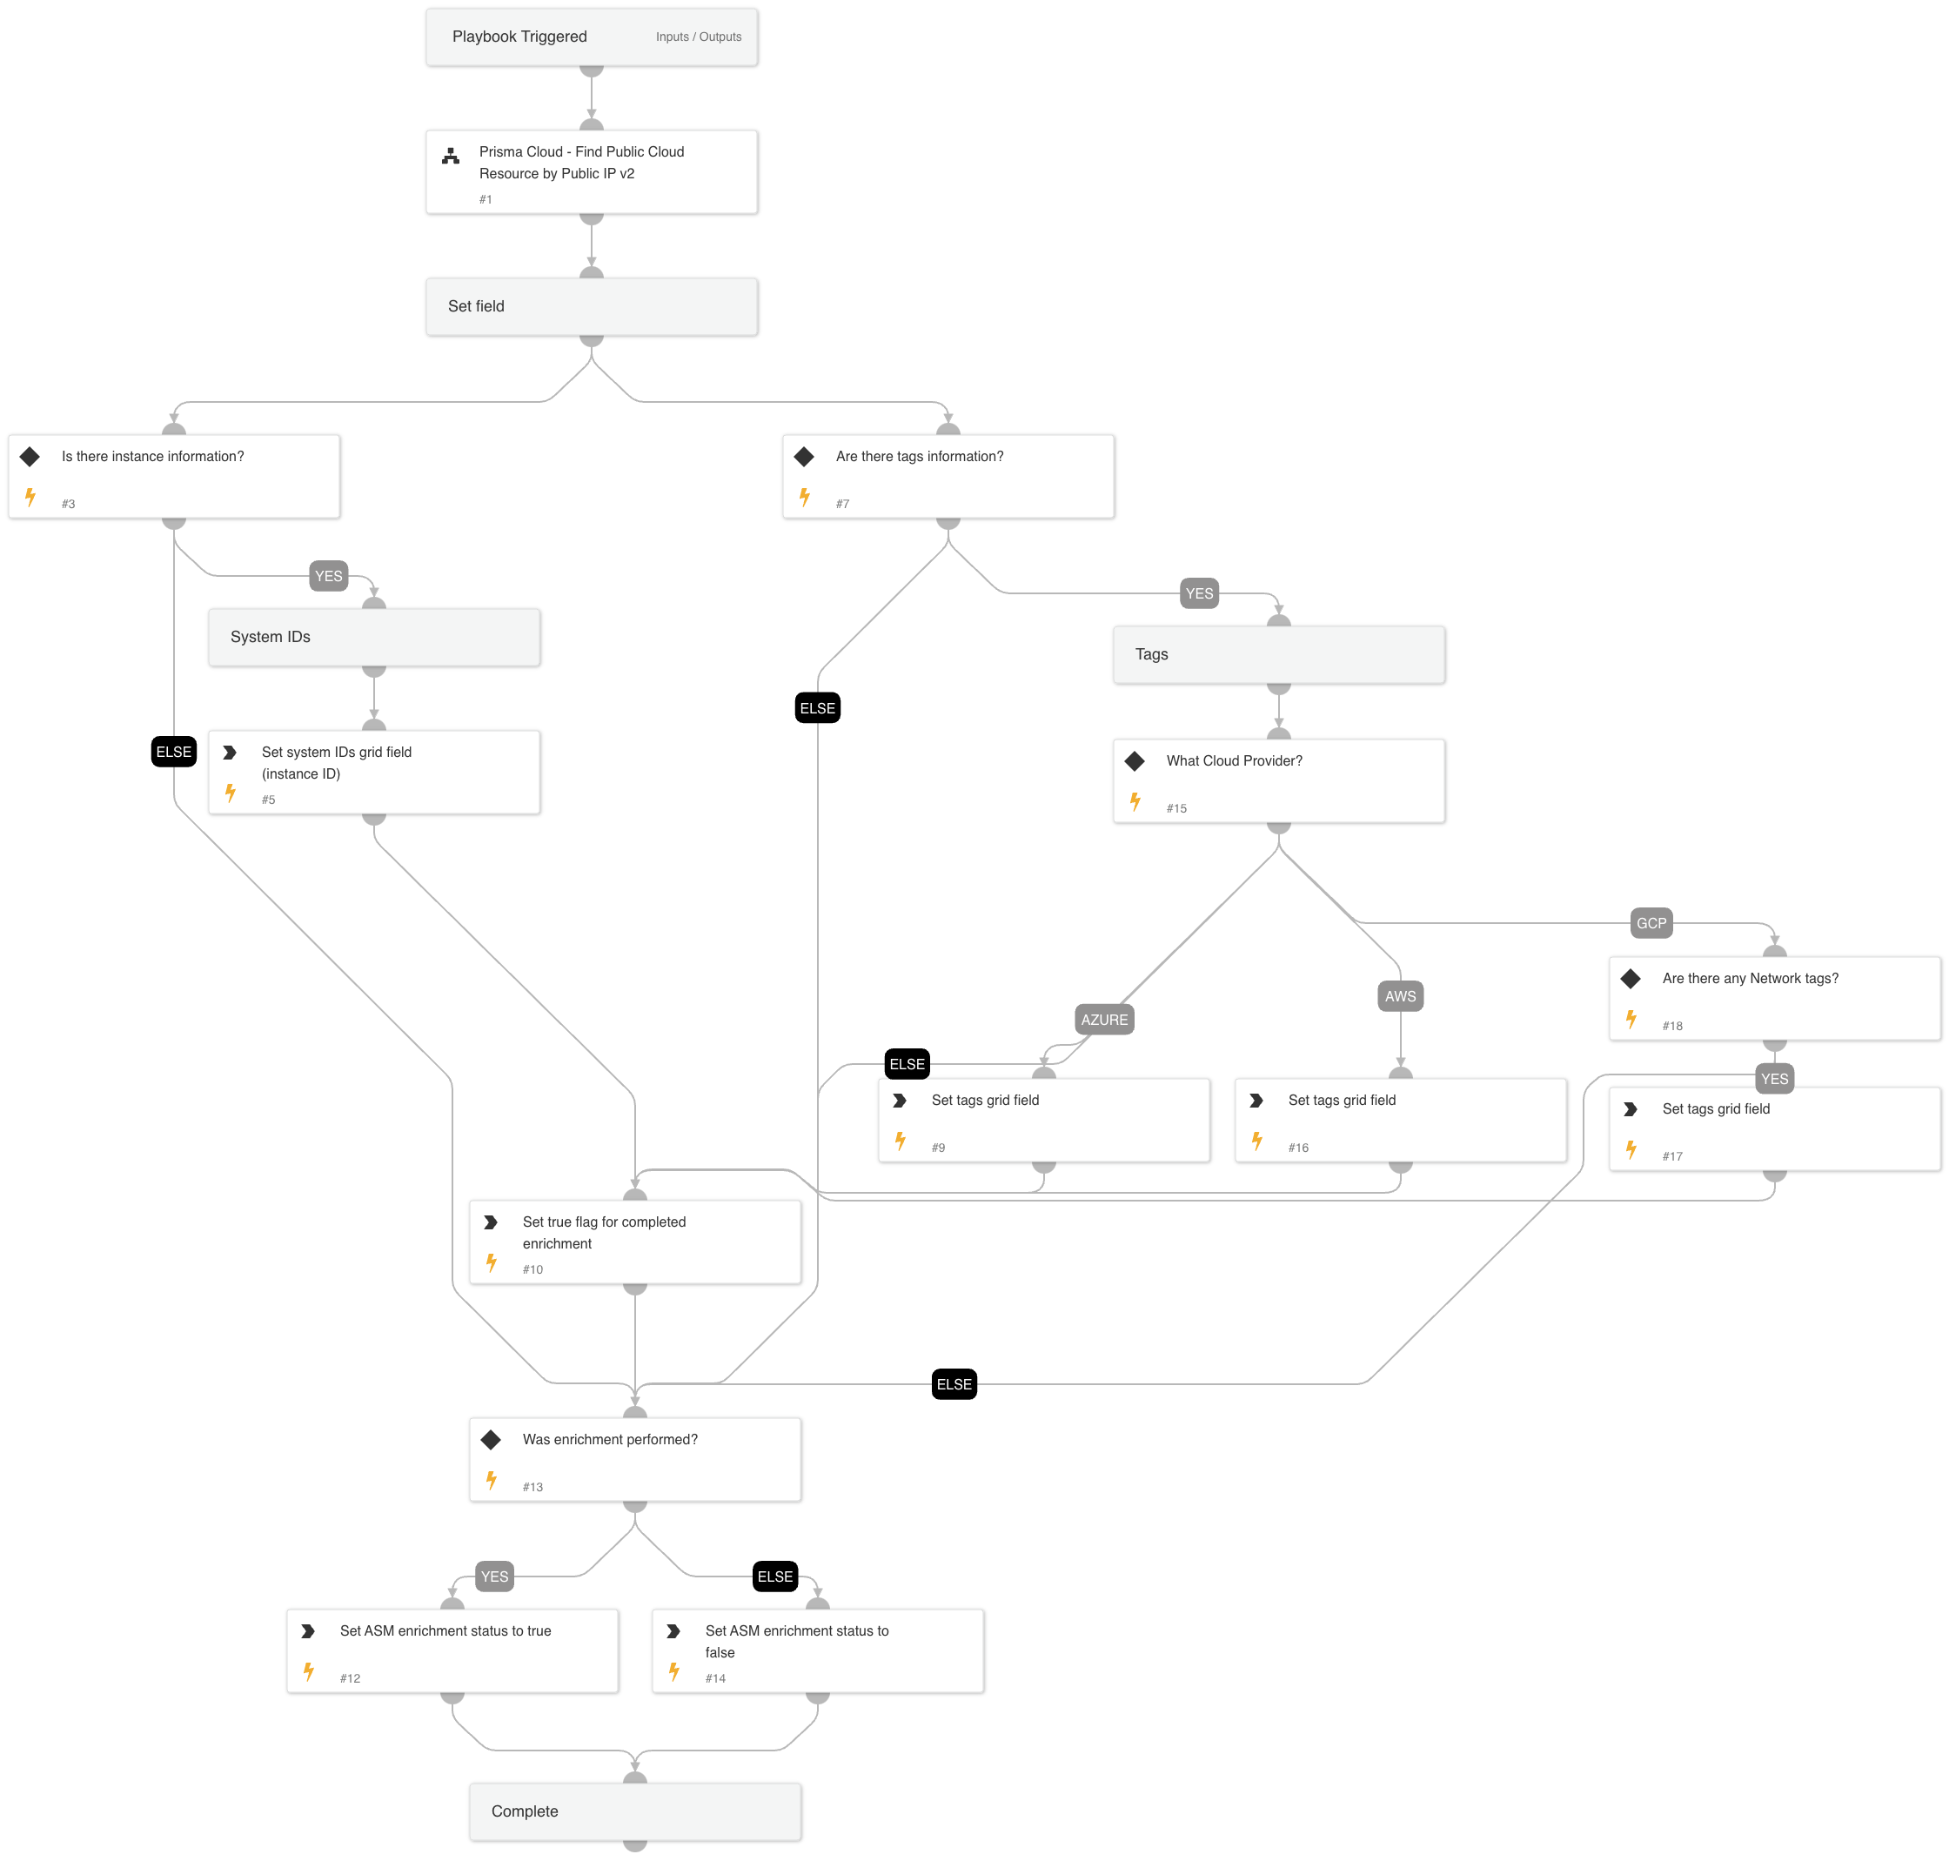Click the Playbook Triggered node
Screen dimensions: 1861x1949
(x=519, y=37)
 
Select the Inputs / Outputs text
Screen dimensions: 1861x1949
(x=699, y=37)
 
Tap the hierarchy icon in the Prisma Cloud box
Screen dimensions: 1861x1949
(x=451, y=156)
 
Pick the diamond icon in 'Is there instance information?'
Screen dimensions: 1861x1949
(x=30, y=456)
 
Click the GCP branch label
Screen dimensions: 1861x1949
(x=1651, y=922)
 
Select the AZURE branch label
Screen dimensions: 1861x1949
(x=1104, y=1019)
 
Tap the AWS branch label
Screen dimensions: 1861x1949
(x=1399, y=996)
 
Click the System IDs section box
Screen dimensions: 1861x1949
(x=374, y=637)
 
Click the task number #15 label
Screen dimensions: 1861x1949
(x=1176, y=808)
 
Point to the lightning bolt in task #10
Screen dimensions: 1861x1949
(x=491, y=1262)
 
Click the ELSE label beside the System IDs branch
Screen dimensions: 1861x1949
(x=173, y=752)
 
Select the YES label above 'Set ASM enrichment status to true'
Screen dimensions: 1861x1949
(x=494, y=1576)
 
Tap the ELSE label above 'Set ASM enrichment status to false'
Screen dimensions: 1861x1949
(x=774, y=1576)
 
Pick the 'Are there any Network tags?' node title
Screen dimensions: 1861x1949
(x=1750, y=978)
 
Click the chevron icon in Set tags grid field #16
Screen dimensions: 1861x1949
(x=1256, y=1100)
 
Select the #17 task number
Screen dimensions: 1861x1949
(x=1672, y=1156)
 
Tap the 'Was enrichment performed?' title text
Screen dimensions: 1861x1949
(x=610, y=1439)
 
